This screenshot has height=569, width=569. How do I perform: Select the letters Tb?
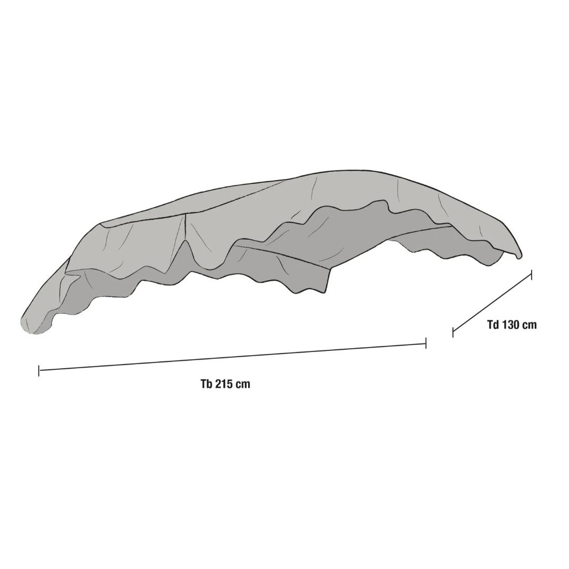(x=206, y=384)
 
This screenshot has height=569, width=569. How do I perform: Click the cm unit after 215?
(x=242, y=384)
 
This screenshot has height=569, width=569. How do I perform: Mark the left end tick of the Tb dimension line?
(x=39, y=370)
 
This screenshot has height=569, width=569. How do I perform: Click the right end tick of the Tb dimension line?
(x=426, y=343)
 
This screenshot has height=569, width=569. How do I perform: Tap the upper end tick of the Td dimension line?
(x=531, y=274)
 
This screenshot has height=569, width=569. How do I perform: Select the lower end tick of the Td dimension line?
(x=453, y=332)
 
